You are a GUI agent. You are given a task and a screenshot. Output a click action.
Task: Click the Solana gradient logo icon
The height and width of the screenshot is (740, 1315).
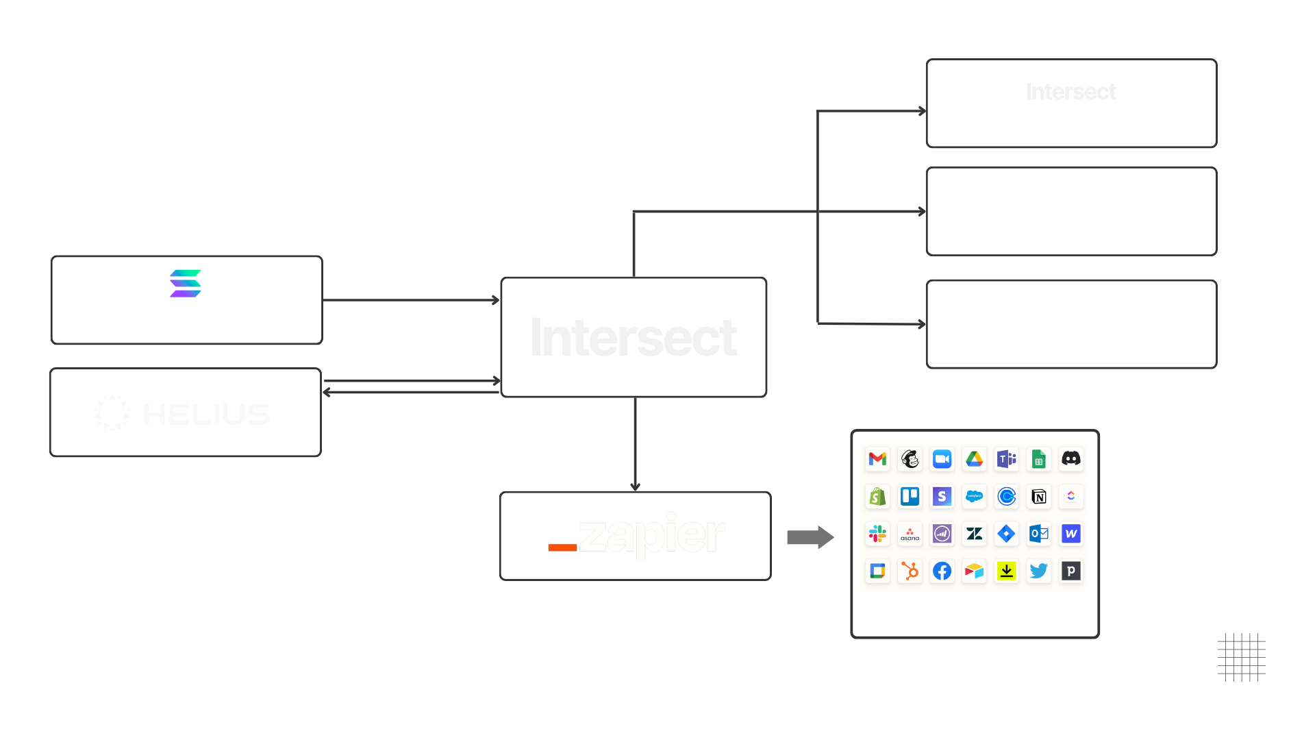click(185, 284)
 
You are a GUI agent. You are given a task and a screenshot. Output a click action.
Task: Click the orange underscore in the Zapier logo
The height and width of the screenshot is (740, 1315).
click(562, 547)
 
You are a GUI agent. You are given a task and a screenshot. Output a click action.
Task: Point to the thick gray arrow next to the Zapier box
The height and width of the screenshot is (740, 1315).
click(810, 537)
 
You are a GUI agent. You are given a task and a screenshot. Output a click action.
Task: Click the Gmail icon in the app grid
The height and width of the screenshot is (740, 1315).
click(877, 459)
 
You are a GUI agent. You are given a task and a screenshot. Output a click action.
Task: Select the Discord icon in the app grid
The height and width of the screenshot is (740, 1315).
click(1070, 459)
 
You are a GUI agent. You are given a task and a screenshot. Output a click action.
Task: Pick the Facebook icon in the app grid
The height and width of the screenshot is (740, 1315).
click(942, 571)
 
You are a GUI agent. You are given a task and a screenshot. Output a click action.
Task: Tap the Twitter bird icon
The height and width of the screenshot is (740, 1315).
click(1038, 571)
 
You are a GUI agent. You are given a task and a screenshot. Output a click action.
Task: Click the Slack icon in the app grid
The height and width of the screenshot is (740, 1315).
click(877, 534)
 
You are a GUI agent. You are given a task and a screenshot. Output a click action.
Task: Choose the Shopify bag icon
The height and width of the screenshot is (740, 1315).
click(877, 497)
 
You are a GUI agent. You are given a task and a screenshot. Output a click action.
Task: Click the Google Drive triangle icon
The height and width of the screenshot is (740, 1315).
click(974, 459)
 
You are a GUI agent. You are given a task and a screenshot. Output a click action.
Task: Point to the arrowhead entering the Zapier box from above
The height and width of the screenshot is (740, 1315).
click(635, 486)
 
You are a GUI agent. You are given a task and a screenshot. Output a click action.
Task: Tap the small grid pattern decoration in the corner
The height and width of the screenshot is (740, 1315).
click(1241, 657)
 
